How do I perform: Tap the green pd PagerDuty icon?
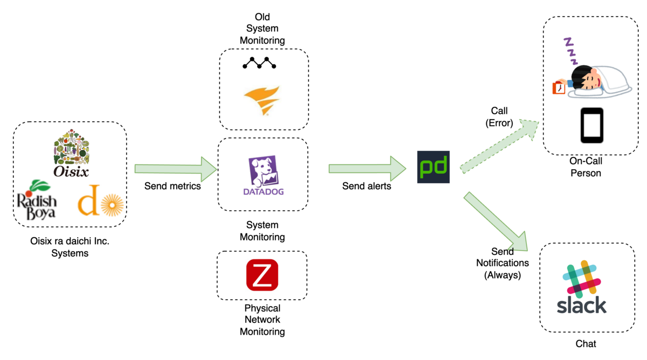[x=433, y=167]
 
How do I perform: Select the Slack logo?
[x=581, y=287]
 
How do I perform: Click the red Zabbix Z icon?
[x=262, y=275]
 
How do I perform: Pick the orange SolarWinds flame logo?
[x=262, y=100]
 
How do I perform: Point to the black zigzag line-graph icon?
[x=259, y=63]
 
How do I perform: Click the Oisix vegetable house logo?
[x=71, y=153]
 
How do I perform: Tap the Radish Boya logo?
[x=37, y=200]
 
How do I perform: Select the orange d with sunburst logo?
[x=100, y=200]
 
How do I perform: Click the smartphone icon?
[x=592, y=125]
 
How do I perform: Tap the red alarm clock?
[x=559, y=88]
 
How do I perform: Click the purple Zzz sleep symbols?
[x=570, y=51]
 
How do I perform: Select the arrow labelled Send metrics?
[x=176, y=169]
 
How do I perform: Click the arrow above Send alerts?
[x=367, y=169]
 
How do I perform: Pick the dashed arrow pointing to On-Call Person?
[x=499, y=147]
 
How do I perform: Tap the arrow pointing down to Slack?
[x=496, y=221]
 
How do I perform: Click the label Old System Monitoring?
[x=262, y=29]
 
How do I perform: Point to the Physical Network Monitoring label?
[x=262, y=320]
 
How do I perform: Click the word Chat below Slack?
[x=586, y=343]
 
